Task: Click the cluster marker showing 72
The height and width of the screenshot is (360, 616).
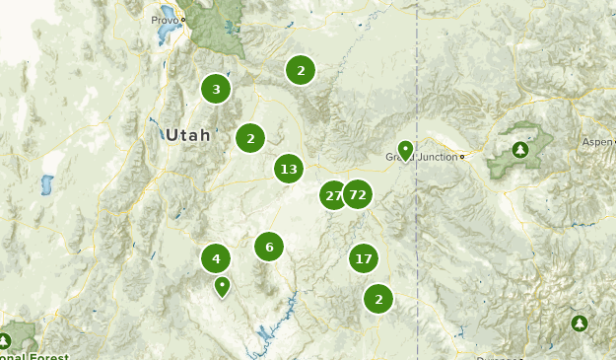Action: coord(357,195)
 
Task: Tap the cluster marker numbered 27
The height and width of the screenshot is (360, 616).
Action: coord(333,195)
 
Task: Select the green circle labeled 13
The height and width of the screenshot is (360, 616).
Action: coord(288,169)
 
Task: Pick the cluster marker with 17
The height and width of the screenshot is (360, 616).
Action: coord(364,259)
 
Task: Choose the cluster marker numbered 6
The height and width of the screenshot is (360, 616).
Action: coord(269,247)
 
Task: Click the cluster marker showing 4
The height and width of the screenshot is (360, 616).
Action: coord(216,259)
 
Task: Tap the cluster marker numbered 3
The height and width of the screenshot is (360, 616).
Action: coord(216,90)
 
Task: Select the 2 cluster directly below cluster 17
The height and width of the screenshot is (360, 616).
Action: coord(378,299)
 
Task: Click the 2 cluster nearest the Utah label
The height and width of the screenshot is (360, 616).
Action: coord(250,138)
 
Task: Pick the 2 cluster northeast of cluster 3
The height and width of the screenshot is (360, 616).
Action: coord(301,70)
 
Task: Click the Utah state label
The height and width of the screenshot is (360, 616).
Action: coord(187,135)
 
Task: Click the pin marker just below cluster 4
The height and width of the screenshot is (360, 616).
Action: coord(223,287)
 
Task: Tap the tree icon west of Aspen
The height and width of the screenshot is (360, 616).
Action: coord(520,150)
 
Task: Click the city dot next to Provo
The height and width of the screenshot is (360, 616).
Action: coord(182,20)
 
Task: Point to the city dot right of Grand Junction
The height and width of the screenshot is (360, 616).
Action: coord(461,157)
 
